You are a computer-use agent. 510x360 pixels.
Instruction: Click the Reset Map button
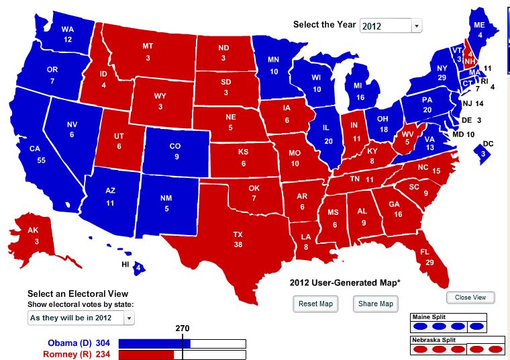(x=317, y=304)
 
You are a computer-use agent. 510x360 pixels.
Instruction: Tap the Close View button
(x=470, y=298)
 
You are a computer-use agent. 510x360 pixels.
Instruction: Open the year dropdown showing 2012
(x=391, y=26)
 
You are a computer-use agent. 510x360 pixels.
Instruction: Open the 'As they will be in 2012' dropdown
(x=81, y=318)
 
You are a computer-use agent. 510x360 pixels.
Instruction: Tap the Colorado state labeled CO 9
(x=174, y=151)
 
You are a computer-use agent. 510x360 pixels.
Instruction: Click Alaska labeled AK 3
(x=33, y=236)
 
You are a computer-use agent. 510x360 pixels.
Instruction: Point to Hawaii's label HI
(x=125, y=265)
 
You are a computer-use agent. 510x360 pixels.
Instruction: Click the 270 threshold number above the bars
(x=183, y=328)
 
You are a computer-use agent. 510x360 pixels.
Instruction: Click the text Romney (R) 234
(x=76, y=354)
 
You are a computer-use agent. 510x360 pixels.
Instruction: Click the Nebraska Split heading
(x=437, y=340)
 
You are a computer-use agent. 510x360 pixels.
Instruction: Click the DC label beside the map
(x=488, y=144)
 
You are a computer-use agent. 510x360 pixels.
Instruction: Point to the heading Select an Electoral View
(x=77, y=294)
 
